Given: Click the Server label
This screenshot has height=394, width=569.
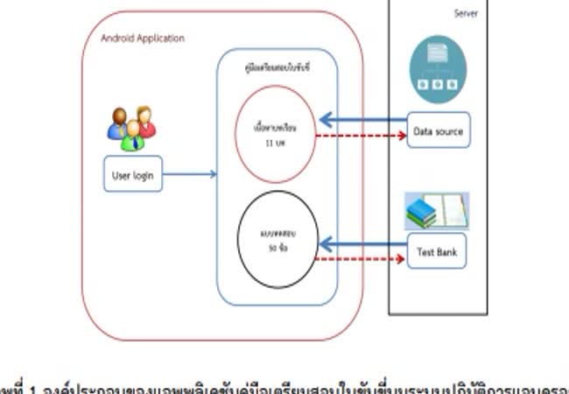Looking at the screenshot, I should coord(466,13).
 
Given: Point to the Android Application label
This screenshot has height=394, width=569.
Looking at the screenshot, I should coord(143,39).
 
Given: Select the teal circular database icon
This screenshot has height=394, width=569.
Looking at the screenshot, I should coord(438,69).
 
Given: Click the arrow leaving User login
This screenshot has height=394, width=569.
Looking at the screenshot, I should coord(190,175).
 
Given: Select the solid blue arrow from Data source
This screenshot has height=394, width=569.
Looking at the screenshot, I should coord(363,119).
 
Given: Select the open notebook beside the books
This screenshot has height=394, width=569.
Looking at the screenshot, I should coord(454,211).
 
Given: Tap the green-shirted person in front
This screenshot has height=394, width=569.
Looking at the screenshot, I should coord(132,136).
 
